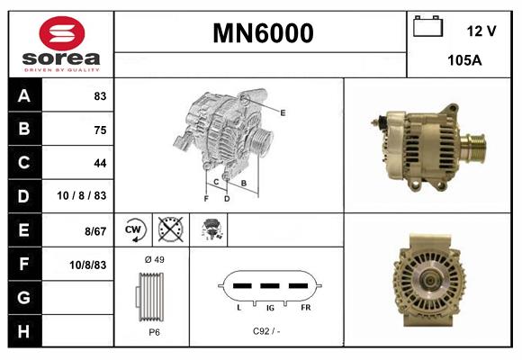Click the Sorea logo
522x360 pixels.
point(62,45)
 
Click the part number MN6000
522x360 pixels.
point(263,33)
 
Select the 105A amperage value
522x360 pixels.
point(464,62)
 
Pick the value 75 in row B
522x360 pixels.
point(99,130)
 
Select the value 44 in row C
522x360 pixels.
point(99,163)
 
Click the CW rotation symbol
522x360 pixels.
point(134,229)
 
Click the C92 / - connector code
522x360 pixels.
point(267,331)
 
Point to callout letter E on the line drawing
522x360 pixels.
point(283,112)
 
